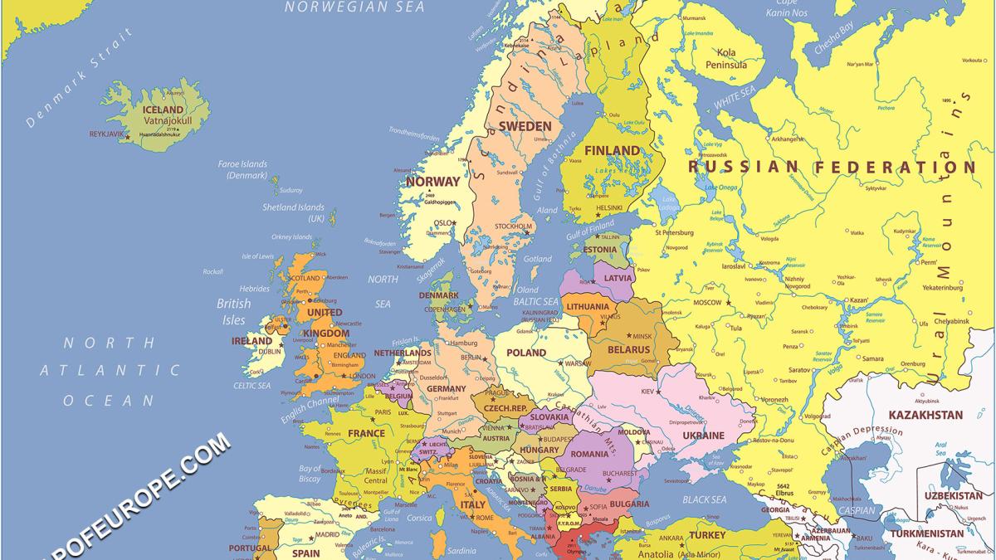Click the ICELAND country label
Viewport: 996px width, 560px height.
164,110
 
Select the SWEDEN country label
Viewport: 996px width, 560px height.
525,126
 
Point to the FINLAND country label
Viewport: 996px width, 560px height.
613,150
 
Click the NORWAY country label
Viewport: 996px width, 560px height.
432,181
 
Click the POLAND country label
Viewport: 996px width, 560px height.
526,353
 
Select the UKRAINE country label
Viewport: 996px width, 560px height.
704,436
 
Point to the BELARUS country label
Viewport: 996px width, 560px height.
629,350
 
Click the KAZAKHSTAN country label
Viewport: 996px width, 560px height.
925,415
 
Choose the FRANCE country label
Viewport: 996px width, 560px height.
366,433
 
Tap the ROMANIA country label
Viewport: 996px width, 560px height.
589,454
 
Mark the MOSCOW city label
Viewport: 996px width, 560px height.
707,303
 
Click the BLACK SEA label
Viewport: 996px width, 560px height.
704,499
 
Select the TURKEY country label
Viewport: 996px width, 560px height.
706,535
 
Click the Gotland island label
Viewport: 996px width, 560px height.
538,259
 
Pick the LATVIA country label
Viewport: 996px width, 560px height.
618,278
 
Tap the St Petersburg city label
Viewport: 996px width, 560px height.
679,232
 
